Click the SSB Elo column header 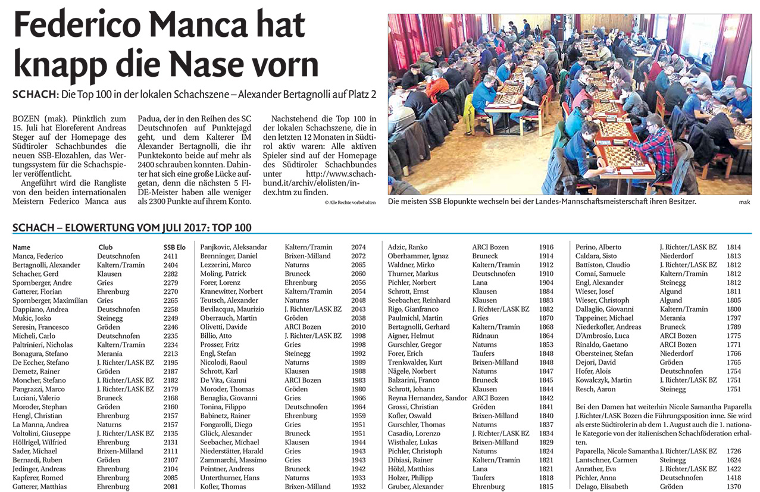[x=174, y=247]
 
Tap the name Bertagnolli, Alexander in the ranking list [x=46, y=265]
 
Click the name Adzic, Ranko [x=408, y=247]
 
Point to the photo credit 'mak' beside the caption [x=745, y=203]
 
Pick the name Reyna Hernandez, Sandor [x=427, y=398]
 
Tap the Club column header [x=105, y=247]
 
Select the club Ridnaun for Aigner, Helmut [x=485, y=336]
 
